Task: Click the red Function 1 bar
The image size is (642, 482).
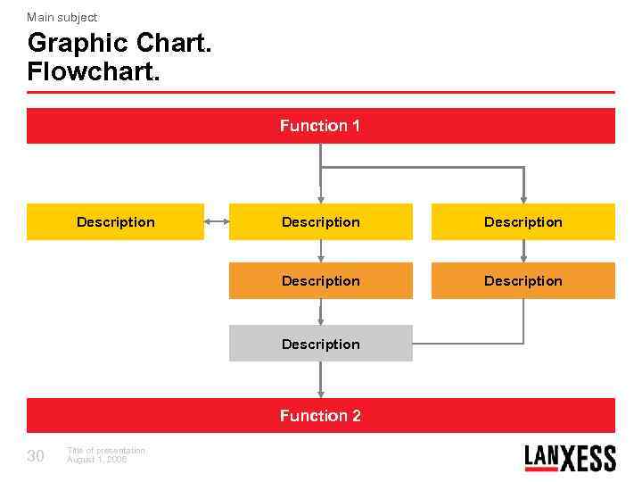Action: (x=320, y=126)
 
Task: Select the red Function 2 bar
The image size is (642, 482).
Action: (x=320, y=415)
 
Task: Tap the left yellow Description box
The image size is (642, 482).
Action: (x=115, y=222)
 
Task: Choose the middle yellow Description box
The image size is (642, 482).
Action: (x=320, y=222)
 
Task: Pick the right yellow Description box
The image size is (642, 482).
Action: (x=523, y=222)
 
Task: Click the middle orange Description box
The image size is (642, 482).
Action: (x=320, y=280)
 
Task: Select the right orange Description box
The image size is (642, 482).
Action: (x=523, y=280)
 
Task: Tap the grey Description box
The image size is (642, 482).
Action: (x=320, y=344)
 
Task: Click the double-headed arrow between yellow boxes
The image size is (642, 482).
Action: (x=216, y=222)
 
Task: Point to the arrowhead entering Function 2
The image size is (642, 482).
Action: (x=320, y=392)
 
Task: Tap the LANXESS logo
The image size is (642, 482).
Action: (x=570, y=458)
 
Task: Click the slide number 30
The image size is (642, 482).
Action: (x=36, y=457)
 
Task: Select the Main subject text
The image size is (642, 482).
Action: (x=62, y=17)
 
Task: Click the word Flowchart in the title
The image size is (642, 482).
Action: (x=94, y=71)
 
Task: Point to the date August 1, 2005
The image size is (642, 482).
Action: (x=97, y=460)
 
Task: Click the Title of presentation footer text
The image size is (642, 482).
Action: (x=105, y=451)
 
